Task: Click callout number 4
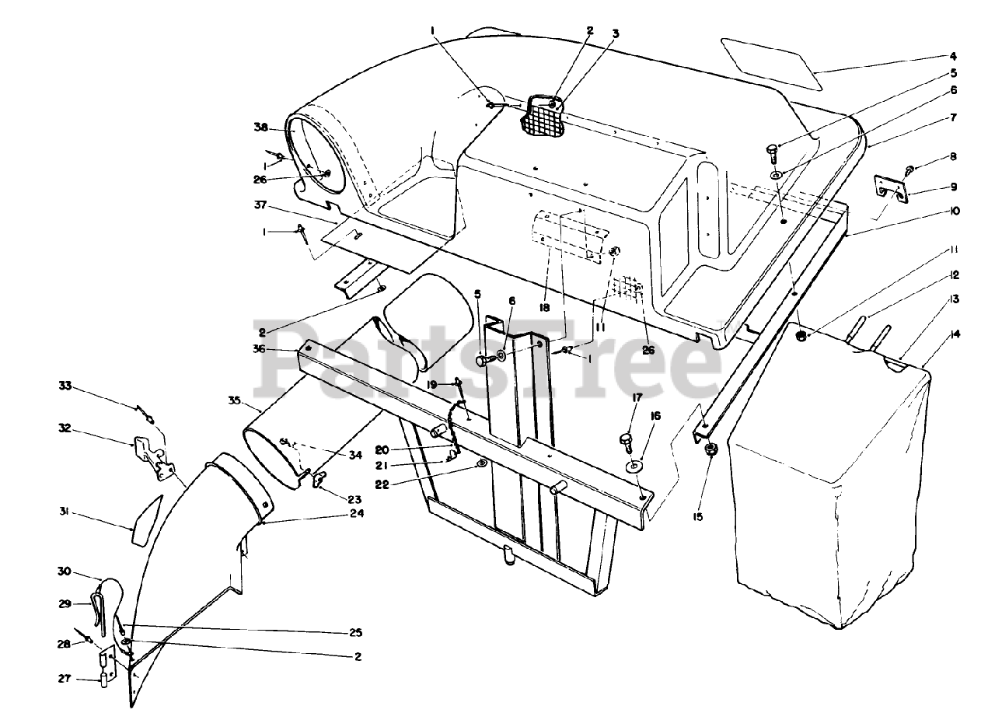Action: coord(953,57)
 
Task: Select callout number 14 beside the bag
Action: coord(954,335)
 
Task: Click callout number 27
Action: coord(65,679)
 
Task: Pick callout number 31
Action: coord(65,511)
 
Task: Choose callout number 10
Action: coord(953,211)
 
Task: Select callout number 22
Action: coord(447,484)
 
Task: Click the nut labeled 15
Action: coord(710,451)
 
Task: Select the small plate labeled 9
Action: coord(891,190)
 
